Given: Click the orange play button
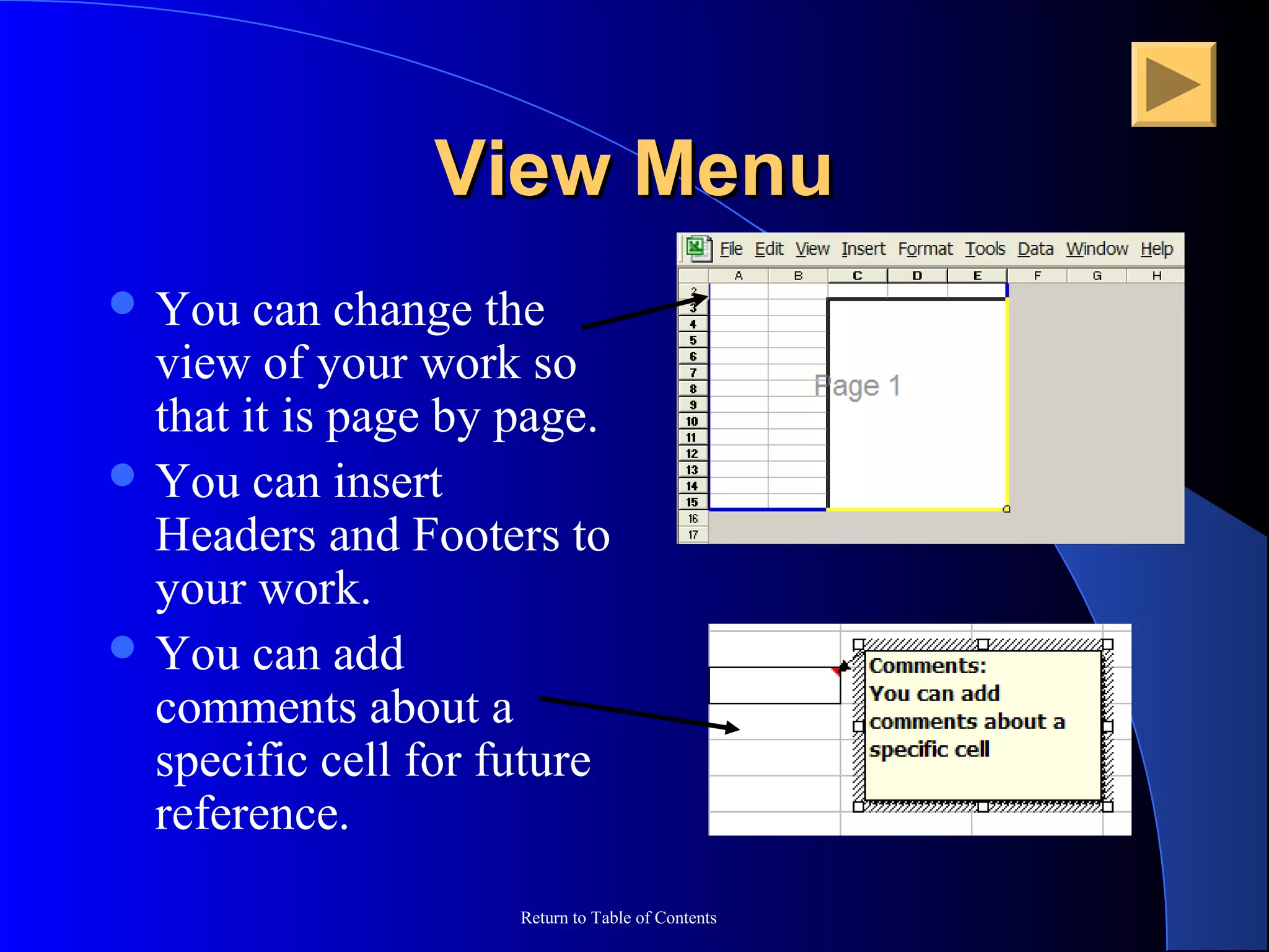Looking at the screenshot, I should [x=1173, y=84].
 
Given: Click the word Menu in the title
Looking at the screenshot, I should [x=734, y=169].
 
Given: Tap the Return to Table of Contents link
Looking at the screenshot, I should [x=618, y=917].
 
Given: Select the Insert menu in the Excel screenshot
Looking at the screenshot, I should [x=863, y=249].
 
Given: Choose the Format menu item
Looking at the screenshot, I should [x=925, y=249].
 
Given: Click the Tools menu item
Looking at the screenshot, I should [x=985, y=249].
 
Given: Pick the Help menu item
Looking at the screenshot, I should [x=1156, y=249].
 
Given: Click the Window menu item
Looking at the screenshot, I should [x=1097, y=249].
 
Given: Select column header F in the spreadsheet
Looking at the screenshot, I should [x=1037, y=276].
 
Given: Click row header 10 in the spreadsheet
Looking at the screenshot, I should [x=693, y=421].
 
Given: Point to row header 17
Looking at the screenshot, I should [x=693, y=534].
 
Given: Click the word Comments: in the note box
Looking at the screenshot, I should [x=927, y=666].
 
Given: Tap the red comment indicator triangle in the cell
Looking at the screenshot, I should [x=836, y=670].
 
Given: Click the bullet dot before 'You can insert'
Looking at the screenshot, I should [x=123, y=475].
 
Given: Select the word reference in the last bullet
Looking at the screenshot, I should [x=252, y=813].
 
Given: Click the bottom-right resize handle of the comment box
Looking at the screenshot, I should [x=1108, y=806].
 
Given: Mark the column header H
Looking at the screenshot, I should [x=1156, y=276].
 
